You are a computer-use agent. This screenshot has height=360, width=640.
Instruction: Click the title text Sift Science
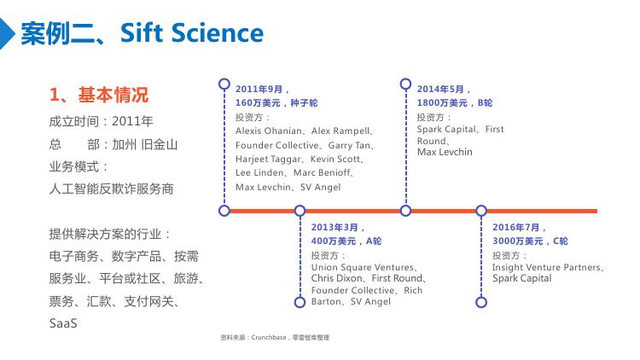192,32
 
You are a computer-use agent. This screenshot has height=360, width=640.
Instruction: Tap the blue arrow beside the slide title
6,33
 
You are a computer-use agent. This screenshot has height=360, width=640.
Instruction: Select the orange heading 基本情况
113,95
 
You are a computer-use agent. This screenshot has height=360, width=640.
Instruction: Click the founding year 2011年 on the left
132,121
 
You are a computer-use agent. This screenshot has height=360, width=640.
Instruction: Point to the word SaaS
63,323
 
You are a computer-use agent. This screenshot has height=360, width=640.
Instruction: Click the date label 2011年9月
259,89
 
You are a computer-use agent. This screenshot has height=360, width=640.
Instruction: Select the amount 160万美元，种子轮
276,103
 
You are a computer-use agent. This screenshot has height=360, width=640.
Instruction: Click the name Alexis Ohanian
269,131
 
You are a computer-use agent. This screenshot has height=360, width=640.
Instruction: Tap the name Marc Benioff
322,172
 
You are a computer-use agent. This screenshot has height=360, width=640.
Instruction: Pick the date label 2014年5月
440,89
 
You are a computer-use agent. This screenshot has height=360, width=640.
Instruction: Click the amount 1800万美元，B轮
455,103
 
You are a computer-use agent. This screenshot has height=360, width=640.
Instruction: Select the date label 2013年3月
335,228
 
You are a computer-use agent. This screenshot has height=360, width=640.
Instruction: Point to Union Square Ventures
363,267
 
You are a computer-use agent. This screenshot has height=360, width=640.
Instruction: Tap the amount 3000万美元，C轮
530,241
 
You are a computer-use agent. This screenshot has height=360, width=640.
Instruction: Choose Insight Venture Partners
546,267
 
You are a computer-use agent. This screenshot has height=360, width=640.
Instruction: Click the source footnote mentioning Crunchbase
275,338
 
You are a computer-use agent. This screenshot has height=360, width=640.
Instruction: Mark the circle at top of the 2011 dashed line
224,84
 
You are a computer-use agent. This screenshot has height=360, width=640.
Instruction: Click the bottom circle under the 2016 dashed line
481,303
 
